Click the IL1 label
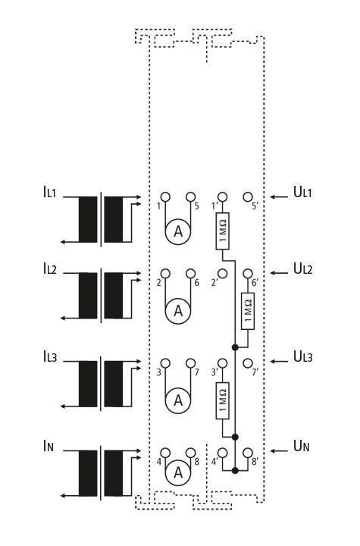coord(49,192)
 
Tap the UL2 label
coord(303,268)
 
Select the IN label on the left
coord(49,446)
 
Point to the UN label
coord(302,446)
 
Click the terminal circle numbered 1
coord(165,197)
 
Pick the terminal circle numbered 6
coord(190,273)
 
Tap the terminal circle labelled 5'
coord(248,197)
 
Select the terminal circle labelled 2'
coord(222,273)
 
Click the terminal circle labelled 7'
coord(248,363)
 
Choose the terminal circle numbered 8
coord(190,453)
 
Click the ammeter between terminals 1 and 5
coord(178,231)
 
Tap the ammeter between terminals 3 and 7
coord(178,400)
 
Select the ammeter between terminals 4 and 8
coord(178,472)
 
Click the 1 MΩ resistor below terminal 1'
coord(223,231)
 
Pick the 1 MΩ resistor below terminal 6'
coord(248,311)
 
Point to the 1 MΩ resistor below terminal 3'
coord(223,401)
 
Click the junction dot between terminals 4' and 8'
coord(235,471)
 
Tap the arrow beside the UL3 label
coord(279,362)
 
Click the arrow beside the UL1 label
coord(279,197)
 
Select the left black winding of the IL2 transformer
coord(88,296)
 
